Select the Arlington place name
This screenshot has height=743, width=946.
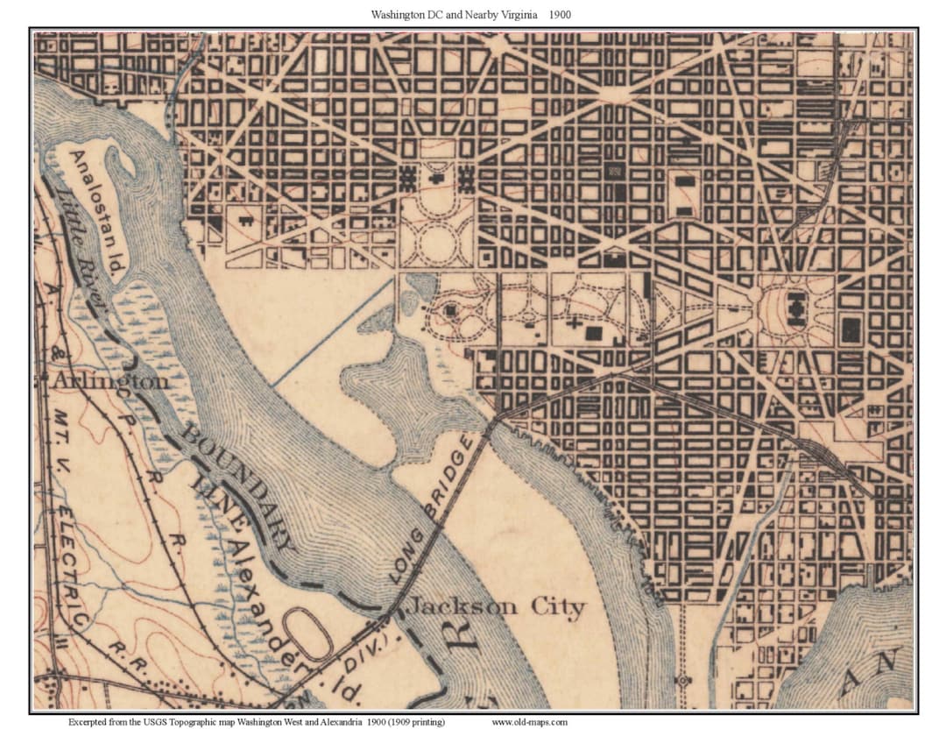tap(109, 382)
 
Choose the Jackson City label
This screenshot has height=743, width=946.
tap(497, 607)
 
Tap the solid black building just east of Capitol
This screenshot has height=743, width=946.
tap(850, 329)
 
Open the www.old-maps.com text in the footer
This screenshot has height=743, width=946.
tap(529, 723)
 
